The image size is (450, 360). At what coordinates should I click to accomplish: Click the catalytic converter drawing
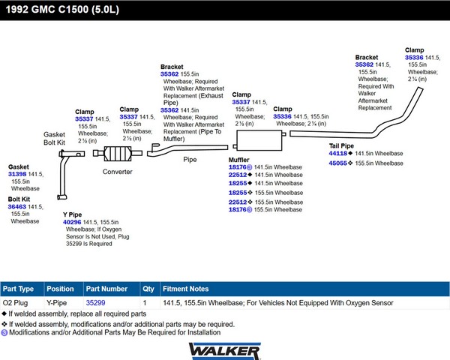[118, 154]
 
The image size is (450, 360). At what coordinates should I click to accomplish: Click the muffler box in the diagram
[259, 140]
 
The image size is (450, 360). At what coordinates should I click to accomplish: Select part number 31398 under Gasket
[17, 174]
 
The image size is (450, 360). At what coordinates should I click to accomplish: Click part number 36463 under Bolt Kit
[17, 207]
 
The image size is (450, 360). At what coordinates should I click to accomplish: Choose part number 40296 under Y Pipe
[72, 222]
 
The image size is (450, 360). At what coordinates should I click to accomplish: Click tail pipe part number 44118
[338, 153]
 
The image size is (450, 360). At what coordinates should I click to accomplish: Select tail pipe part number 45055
[338, 163]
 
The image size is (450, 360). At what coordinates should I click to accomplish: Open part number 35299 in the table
[95, 303]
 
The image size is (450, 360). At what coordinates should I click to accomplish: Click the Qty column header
[148, 289]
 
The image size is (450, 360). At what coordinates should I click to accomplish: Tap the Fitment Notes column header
[186, 289]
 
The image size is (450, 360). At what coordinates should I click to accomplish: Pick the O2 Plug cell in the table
[15, 303]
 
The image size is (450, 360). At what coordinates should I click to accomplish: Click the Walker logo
[225, 351]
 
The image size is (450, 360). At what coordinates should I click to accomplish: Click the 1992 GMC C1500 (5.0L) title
[62, 10]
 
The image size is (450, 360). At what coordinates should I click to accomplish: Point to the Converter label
[118, 172]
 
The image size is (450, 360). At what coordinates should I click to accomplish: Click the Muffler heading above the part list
[238, 160]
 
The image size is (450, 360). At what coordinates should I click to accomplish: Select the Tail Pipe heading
[341, 145]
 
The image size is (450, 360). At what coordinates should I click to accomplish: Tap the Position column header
[60, 289]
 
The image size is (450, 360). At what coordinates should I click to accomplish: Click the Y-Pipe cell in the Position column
[56, 303]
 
